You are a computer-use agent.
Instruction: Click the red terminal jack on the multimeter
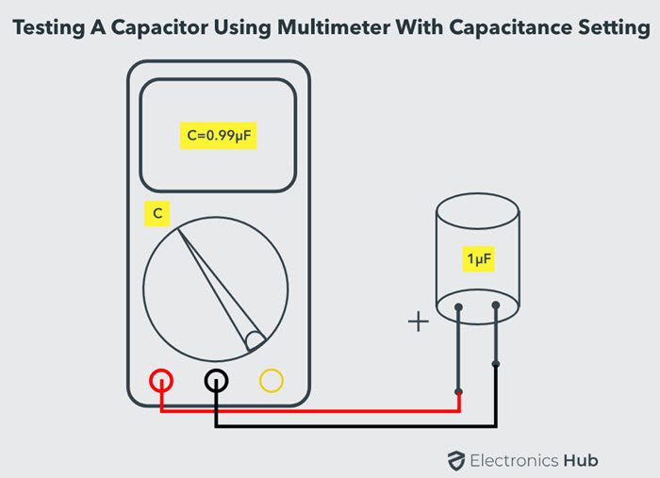(161, 380)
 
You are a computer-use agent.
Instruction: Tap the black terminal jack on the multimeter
(216, 380)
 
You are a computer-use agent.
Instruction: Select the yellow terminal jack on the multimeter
(272, 380)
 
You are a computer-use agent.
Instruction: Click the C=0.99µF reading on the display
(219, 136)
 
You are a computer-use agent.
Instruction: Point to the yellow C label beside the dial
(157, 214)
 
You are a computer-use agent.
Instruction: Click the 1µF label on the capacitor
(479, 258)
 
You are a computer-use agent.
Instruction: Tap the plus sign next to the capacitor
(419, 321)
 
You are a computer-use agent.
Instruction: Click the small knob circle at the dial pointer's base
(256, 340)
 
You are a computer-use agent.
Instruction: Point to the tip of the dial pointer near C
(177, 228)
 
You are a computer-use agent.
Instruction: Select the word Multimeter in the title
(334, 27)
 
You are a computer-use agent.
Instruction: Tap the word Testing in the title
(49, 28)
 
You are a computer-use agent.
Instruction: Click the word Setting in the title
(614, 28)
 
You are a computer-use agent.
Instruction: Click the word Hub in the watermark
(581, 460)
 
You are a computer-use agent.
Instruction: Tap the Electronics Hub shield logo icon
(456, 461)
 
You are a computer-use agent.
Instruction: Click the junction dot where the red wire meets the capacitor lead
(459, 392)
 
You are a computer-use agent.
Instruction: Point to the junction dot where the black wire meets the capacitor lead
(496, 364)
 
